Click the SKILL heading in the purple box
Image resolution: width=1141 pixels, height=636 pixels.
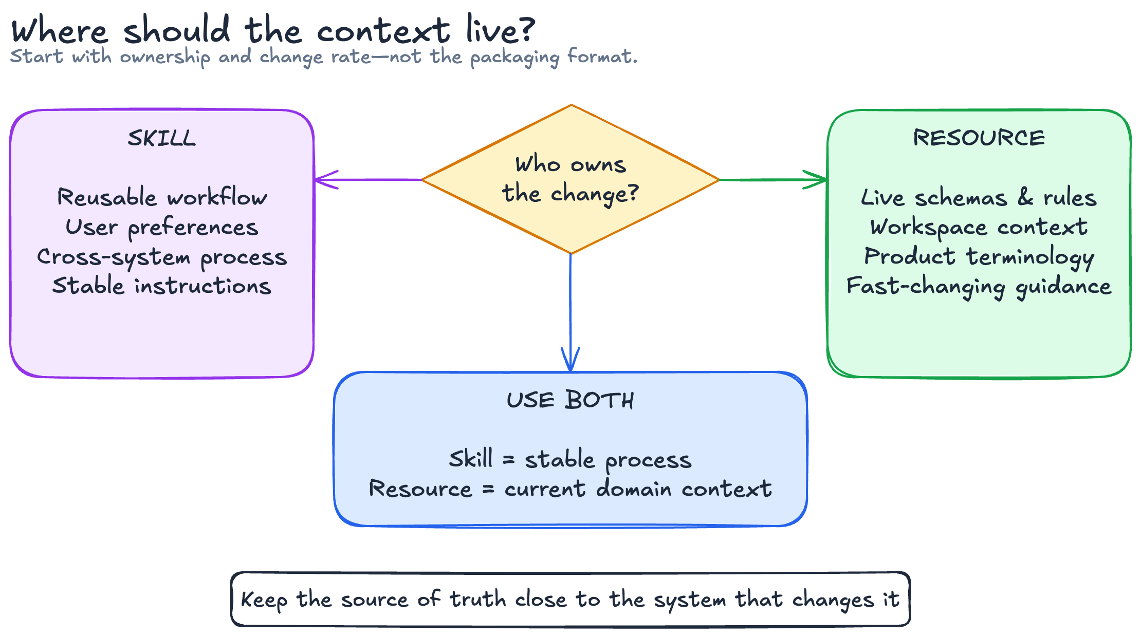pos(162,138)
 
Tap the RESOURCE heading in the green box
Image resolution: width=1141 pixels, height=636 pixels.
pos(979,138)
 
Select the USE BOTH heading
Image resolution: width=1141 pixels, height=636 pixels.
pos(570,400)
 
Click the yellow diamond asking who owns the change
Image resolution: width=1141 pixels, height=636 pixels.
pos(570,179)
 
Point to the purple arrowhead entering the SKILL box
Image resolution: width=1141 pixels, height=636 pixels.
pos(325,180)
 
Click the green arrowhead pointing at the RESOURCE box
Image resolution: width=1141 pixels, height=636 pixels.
pos(816,180)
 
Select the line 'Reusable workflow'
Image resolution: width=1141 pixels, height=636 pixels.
pos(162,197)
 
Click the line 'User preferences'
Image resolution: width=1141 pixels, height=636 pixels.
pos(162,228)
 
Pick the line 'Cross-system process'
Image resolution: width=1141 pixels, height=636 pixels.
pos(162,257)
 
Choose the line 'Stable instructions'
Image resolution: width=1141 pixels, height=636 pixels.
pos(162,286)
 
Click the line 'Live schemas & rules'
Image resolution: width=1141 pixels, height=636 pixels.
pos(979,197)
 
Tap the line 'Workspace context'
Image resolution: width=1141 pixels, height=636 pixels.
pos(979,228)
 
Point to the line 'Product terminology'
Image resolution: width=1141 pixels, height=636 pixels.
pos(979,257)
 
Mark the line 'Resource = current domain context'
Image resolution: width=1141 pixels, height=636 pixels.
pos(570,489)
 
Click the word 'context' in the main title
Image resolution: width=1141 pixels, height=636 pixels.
pos(383,31)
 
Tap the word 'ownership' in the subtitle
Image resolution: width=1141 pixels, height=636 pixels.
pos(165,57)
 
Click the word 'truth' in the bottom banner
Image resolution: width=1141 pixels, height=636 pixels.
pos(478,599)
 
